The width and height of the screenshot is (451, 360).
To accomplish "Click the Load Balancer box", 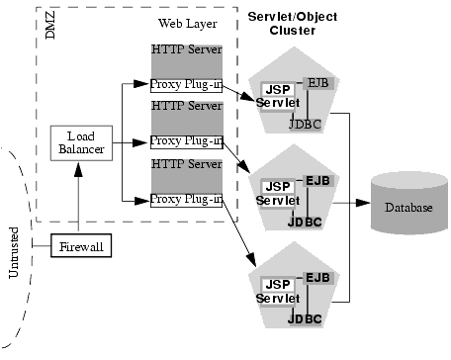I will pos(76,142).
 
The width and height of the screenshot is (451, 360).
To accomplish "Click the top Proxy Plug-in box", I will pos(187,83).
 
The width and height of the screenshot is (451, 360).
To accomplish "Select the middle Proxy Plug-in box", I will pos(187,140).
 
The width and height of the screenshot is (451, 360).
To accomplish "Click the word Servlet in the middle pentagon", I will pos(277,200).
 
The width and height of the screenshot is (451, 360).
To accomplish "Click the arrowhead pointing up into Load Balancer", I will pos(76,165).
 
